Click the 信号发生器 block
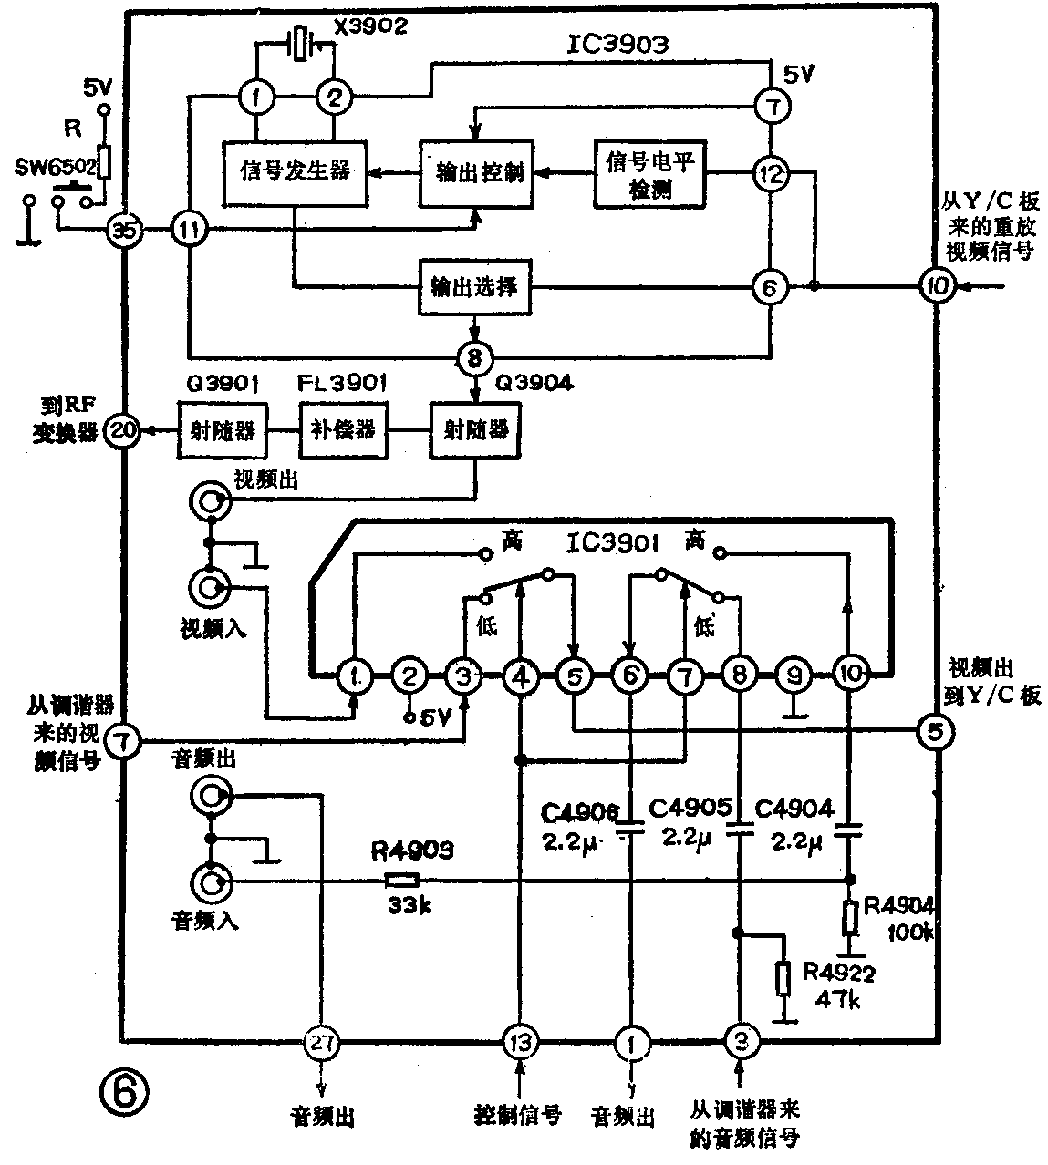pos(295,171)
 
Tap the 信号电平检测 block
pos(650,171)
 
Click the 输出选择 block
pos(474,287)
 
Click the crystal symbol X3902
pos(298,44)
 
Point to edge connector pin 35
pos(125,232)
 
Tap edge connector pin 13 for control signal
pos(520,1041)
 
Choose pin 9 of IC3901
pos(794,675)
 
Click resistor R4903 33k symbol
pos(401,881)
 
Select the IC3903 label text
pos(617,44)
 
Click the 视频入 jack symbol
pos(210,588)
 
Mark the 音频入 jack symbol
pos(210,881)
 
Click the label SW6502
pos(55,167)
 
